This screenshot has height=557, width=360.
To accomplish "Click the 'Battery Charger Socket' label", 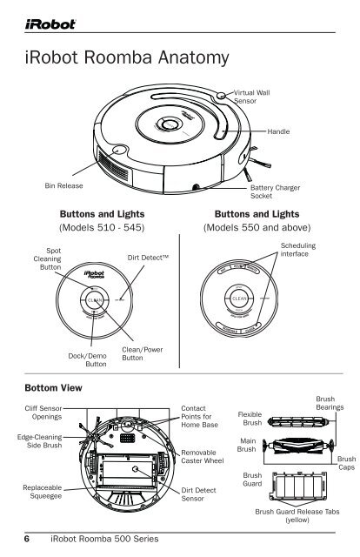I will [x=273, y=191].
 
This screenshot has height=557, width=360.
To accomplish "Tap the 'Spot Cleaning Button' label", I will [x=41, y=260].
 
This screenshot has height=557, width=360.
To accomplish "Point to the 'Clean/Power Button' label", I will [x=138, y=352].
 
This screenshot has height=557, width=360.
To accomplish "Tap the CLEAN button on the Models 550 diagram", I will [x=241, y=299].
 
